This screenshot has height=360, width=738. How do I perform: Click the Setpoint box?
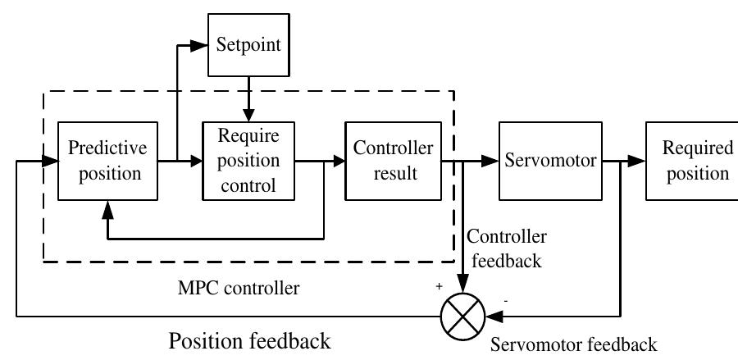[x=248, y=44]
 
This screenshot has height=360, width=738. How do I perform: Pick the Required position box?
[x=690, y=161]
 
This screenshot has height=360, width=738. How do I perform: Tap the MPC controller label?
[x=239, y=289]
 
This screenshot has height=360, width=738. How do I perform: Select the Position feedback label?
[x=250, y=339]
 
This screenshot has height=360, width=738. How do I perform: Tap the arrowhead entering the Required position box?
[x=638, y=162]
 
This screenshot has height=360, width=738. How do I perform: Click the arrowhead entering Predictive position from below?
[x=107, y=211]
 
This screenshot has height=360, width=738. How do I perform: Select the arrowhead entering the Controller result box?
[x=338, y=162]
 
